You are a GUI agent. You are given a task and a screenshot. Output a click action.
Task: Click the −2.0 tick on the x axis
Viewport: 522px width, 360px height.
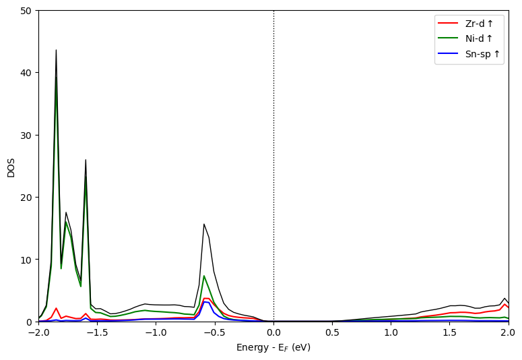tap(38, 333)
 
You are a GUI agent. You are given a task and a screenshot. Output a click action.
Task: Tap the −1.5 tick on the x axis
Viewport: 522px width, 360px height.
tap(97, 333)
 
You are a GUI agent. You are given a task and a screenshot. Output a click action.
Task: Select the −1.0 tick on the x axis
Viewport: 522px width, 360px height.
tap(156, 333)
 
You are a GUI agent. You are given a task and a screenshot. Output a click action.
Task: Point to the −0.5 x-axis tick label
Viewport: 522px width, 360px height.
tap(214, 333)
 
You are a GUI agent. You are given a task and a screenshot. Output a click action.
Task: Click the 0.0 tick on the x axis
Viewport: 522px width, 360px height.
tap(273, 333)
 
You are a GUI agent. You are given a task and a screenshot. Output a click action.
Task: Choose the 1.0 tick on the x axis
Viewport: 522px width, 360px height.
tap(391, 333)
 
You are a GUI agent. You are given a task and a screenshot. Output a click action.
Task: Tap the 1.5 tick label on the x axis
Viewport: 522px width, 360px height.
tap(449, 333)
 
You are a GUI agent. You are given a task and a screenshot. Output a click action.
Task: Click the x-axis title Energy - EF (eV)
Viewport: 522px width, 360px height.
tap(273, 348)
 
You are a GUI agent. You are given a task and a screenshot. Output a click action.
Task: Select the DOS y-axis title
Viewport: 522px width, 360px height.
tap(11, 167)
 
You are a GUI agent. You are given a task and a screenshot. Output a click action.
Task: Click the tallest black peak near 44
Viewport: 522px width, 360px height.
tap(56, 51)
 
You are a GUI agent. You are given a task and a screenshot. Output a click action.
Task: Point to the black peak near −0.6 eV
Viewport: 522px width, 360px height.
tap(204, 224)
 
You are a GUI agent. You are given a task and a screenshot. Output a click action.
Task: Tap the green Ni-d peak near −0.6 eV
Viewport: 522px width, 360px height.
tap(204, 276)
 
